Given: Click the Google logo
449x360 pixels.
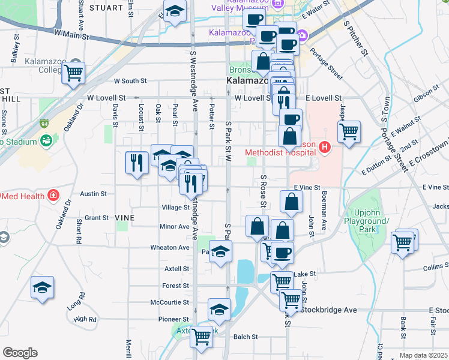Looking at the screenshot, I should pos(20,353).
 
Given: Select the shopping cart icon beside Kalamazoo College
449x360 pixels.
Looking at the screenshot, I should pos(73,73).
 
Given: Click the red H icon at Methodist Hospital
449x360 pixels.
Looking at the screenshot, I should pos(325,146).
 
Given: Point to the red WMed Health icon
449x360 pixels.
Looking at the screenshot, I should pos(53,196).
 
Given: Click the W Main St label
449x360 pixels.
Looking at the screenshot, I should pos(71,36).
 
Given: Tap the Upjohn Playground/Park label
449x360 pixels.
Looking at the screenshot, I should pos(370,221).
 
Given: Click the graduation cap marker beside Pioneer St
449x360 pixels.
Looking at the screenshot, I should pos(219,310).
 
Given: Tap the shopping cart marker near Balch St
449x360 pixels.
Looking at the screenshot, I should pos(201,337).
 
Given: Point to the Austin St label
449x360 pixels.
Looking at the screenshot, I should pos(94,194).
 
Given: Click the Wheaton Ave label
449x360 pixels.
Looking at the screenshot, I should pos(171,247).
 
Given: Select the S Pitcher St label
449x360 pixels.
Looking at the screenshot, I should pos(356,37).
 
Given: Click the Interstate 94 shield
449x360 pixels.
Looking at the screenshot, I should pos(44,124).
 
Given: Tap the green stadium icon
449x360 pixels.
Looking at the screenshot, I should pos(46,140).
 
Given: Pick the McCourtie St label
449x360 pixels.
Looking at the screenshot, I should pos(170,302).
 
